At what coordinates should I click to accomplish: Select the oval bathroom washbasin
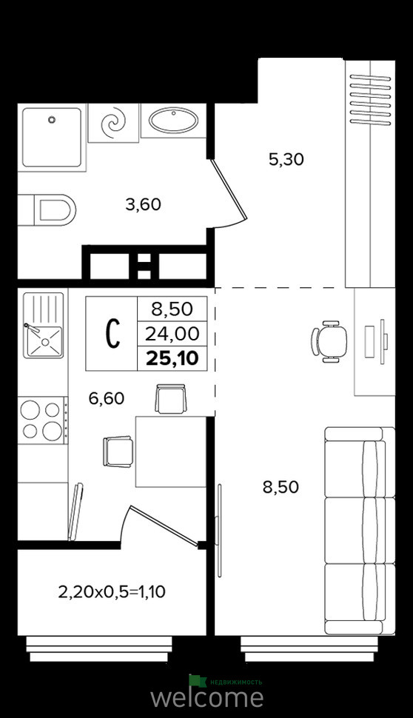[173, 121]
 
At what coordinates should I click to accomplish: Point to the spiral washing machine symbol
[113, 123]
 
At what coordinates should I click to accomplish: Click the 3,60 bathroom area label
[144, 204]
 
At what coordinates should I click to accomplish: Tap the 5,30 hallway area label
[286, 159]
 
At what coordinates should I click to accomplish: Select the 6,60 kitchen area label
[107, 398]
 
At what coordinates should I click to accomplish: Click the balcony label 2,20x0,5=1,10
[112, 592]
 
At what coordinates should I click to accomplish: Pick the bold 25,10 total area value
[172, 359]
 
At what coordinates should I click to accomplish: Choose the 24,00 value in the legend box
[172, 335]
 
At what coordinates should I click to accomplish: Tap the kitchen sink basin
[43, 341]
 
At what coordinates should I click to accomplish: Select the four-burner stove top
[41, 420]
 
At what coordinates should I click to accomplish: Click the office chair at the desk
[329, 342]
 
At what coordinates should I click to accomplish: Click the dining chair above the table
[171, 398]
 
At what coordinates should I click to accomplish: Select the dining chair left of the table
[118, 452]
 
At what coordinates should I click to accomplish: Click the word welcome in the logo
[207, 697]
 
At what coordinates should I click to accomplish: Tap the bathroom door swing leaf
[229, 188]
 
